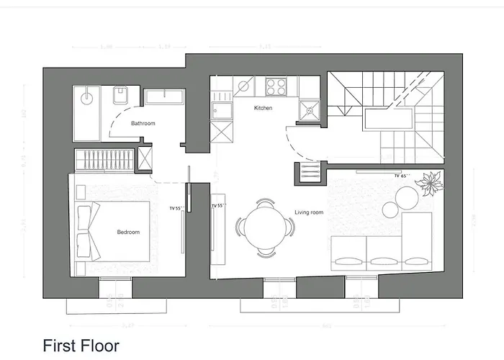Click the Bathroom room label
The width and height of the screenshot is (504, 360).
click(x=143, y=123)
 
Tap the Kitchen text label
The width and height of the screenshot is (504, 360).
click(x=263, y=108)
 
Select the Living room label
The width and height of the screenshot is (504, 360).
click(x=308, y=212)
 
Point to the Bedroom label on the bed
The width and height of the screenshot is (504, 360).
click(x=128, y=232)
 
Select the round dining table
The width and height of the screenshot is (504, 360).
click(x=264, y=227)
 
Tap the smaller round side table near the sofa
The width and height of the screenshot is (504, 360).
click(x=390, y=210)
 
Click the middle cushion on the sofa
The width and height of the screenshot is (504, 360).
click(x=382, y=260)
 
